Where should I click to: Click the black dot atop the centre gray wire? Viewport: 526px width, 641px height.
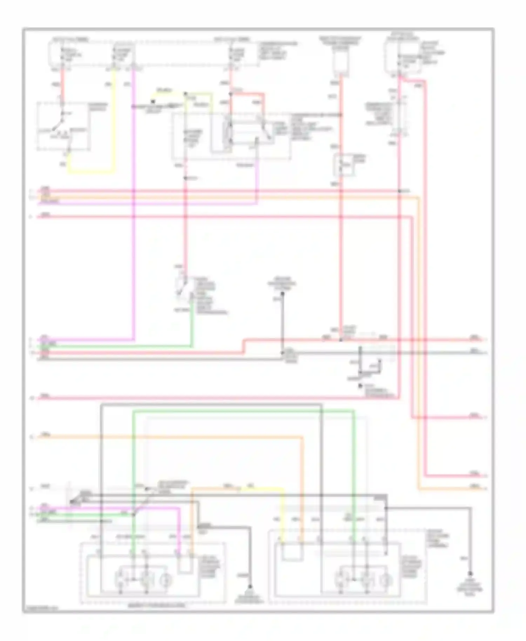coord(282,293)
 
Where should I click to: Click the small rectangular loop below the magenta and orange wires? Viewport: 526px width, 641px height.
coord(185,564)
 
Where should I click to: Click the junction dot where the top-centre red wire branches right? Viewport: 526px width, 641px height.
coord(231,94)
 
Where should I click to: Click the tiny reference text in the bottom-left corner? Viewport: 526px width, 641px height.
coord(40,609)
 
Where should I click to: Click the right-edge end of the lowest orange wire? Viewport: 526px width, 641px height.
coord(485,488)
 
